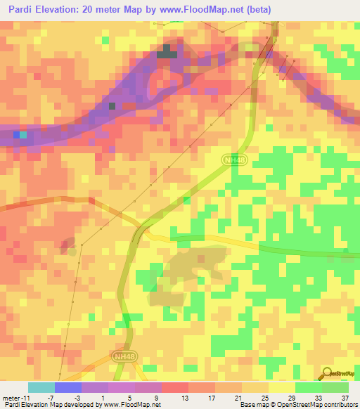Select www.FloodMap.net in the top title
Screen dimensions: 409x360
pos(213,8)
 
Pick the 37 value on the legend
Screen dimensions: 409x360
pos(345,397)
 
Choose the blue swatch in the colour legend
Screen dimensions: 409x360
pos(68,387)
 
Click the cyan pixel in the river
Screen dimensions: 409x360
pos(23,135)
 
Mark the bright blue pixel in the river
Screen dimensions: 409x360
pos(16,135)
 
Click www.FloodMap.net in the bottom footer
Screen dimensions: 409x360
pos(131,405)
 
